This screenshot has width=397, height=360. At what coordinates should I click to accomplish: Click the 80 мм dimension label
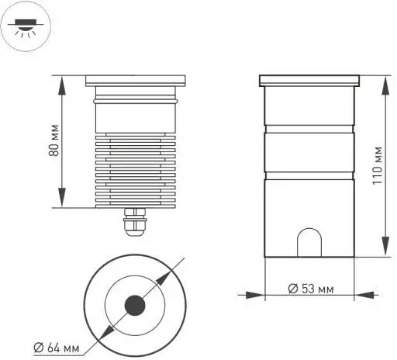click(54, 142)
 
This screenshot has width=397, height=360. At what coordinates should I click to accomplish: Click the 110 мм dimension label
click(377, 166)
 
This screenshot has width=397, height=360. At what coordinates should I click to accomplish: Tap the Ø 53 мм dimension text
click(310, 288)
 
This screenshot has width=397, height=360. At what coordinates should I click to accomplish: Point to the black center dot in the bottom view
click(135, 304)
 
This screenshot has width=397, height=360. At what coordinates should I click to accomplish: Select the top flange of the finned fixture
click(135, 79)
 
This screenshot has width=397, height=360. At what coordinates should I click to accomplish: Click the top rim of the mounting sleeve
click(310, 80)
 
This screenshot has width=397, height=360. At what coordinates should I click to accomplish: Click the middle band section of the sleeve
click(310, 153)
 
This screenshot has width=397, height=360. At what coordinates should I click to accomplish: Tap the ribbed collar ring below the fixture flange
click(135, 99)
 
